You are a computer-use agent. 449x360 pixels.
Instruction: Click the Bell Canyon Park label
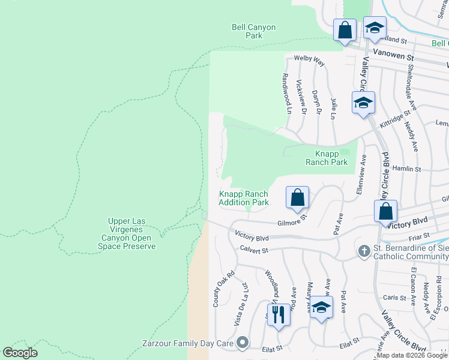tap(247, 31)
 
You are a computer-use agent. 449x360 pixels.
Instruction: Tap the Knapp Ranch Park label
tap(327, 158)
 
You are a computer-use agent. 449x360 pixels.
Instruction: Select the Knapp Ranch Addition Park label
tap(244, 198)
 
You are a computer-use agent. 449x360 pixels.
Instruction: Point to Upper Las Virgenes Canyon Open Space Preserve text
tap(132, 234)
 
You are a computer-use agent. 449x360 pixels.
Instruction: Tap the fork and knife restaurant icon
tap(278, 314)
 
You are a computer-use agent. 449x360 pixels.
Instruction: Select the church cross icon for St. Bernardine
tap(364, 251)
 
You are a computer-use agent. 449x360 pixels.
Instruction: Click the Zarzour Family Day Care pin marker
tap(242, 343)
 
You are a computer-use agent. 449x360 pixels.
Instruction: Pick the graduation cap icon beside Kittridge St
tap(363, 103)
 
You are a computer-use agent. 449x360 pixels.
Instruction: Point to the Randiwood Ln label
tap(286, 94)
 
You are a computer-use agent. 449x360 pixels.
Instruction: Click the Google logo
tap(20, 353)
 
